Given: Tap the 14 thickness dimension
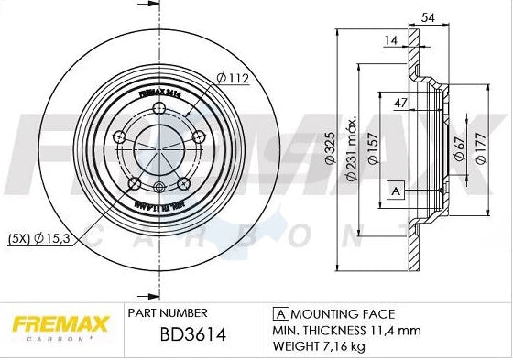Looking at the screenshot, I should point(391,41).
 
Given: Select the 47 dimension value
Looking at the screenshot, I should point(399,102).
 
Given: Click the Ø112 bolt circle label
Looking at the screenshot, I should point(234,78).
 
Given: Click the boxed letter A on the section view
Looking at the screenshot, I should point(396,190).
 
